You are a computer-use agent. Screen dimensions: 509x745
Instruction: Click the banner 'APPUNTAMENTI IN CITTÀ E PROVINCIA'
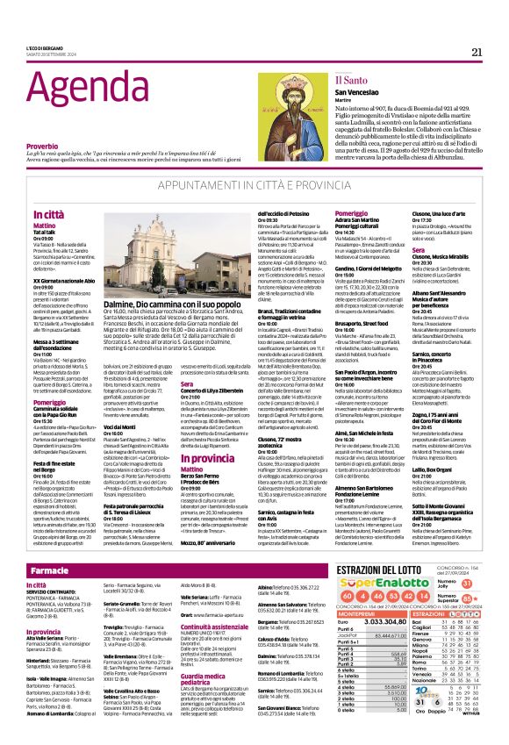point(254,188)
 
